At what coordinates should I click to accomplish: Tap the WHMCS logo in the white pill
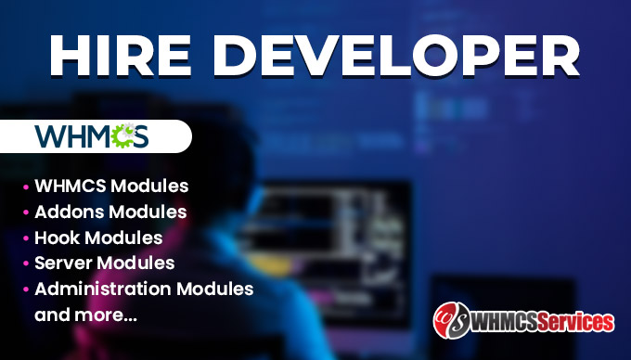point(91,136)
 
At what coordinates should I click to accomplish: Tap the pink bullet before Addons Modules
point(25,212)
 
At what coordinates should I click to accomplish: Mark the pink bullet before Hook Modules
point(25,238)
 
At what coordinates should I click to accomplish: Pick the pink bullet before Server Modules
point(25,264)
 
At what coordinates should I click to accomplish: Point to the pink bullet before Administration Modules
point(25,289)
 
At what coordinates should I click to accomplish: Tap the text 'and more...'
point(85,315)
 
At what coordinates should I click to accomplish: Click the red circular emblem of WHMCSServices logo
point(450,320)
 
